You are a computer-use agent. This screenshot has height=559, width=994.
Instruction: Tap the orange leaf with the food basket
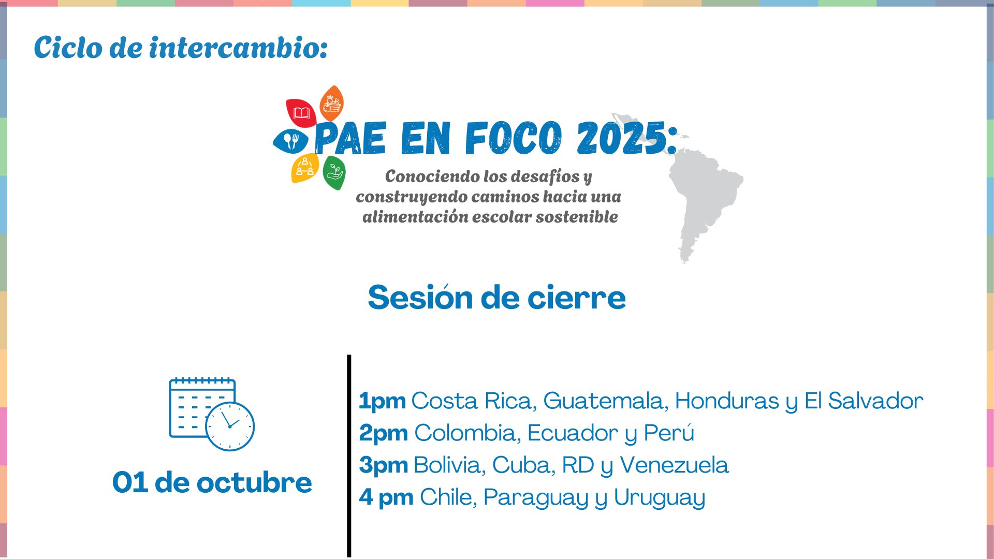331,104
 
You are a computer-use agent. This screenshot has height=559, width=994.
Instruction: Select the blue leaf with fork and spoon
290,141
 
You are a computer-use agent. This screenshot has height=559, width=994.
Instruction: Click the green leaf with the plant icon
334,173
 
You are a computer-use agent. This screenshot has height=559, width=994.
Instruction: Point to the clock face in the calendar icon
230,426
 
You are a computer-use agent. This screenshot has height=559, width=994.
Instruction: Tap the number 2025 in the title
622,138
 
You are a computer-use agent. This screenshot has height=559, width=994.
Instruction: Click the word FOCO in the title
513,138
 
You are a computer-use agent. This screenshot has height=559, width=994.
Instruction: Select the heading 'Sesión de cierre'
497,298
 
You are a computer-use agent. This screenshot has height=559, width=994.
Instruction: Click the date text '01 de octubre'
212,482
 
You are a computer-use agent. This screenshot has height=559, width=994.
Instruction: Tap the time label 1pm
382,401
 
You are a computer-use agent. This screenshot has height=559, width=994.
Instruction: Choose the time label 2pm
384,433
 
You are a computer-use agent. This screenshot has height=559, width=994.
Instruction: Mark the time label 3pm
384,465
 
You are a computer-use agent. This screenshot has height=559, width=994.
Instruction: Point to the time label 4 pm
386,497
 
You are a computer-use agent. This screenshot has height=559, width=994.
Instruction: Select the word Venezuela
674,465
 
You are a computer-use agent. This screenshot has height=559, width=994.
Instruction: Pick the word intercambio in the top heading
238,48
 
